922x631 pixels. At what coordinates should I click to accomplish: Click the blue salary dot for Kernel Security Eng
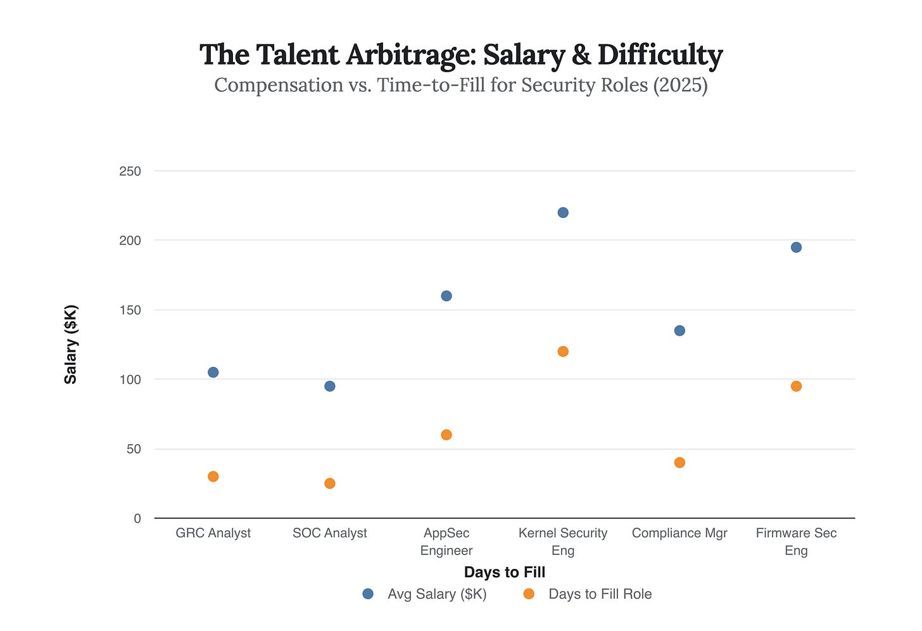pyautogui.click(x=563, y=212)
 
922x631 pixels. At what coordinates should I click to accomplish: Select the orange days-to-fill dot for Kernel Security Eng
pyautogui.click(x=563, y=352)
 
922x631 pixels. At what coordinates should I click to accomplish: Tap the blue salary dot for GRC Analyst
pyautogui.click(x=213, y=372)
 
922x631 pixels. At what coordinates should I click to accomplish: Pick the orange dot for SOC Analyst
pyautogui.click(x=330, y=483)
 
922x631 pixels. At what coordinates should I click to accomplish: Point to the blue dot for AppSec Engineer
pyautogui.click(x=446, y=296)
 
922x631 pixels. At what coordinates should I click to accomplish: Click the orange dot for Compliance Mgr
pyautogui.click(x=679, y=462)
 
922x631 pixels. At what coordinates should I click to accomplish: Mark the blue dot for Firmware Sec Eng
pyautogui.click(x=796, y=247)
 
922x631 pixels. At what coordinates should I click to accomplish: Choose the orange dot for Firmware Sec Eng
pyautogui.click(x=796, y=386)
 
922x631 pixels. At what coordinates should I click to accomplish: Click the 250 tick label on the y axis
pyautogui.click(x=130, y=171)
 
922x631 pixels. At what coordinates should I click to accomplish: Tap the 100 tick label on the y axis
pyautogui.click(x=130, y=379)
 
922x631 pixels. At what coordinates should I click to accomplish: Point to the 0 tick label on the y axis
pyautogui.click(x=137, y=518)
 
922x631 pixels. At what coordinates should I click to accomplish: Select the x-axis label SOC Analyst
pyautogui.click(x=330, y=533)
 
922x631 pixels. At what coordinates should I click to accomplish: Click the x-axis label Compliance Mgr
pyautogui.click(x=679, y=533)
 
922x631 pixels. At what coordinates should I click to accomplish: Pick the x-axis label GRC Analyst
pyautogui.click(x=213, y=533)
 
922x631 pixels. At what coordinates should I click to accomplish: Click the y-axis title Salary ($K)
pyautogui.click(x=71, y=345)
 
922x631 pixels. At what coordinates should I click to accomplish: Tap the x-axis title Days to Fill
pyautogui.click(x=504, y=572)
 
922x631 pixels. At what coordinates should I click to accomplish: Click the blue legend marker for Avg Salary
pyautogui.click(x=368, y=594)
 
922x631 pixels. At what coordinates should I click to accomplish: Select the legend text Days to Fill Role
pyautogui.click(x=600, y=594)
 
